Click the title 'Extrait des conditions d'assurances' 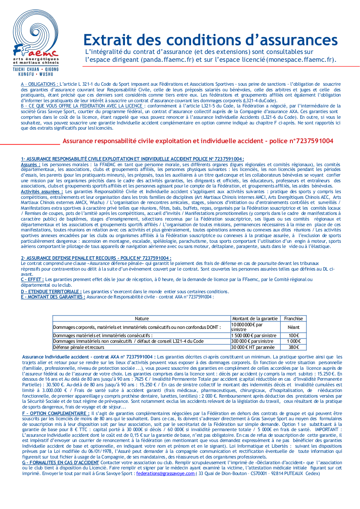[210, 40]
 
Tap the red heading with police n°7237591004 [198, 141]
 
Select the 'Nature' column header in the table [141, 318]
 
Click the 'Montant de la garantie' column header [255, 318]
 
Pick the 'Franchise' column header [293, 318]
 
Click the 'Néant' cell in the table [293, 327]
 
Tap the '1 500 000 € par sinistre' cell [254, 335]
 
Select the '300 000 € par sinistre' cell [252, 342]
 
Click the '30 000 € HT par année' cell [252, 347]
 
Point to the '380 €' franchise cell [293, 347]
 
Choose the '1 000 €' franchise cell [293, 342]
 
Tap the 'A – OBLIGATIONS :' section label [39, 83]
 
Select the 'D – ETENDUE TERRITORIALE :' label [51, 291]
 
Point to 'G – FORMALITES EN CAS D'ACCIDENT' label [60, 462]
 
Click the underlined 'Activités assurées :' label [42, 191]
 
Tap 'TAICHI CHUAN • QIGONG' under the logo [36, 69]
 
